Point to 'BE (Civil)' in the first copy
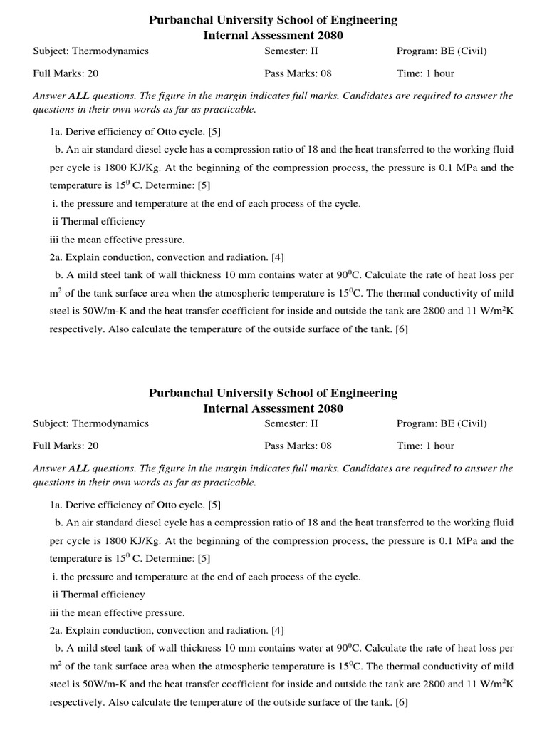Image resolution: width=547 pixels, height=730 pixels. tap(462, 51)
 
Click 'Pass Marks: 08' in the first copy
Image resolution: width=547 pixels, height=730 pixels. tap(298, 73)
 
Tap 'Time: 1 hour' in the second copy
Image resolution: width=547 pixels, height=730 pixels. tap(425, 446)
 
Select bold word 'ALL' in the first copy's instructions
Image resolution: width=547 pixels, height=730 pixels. tap(78, 96)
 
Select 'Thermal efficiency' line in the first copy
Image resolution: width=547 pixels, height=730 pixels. tap(103, 221)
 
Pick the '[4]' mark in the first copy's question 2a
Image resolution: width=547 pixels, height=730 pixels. tap(277, 257)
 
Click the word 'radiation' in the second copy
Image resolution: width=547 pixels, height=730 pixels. tap(248, 630)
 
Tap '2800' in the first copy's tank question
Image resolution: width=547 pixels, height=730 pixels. tap(429, 311)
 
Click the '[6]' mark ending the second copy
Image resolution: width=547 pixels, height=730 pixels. tap(402, 701)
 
